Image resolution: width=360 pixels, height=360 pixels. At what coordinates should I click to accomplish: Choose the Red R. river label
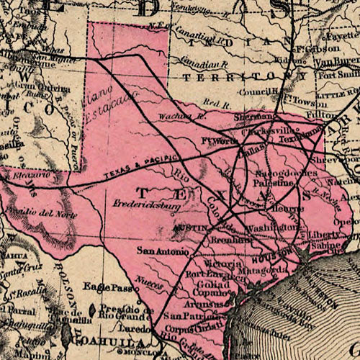click(214, 104)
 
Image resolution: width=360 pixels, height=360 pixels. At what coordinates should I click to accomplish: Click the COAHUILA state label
click(105, 343)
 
